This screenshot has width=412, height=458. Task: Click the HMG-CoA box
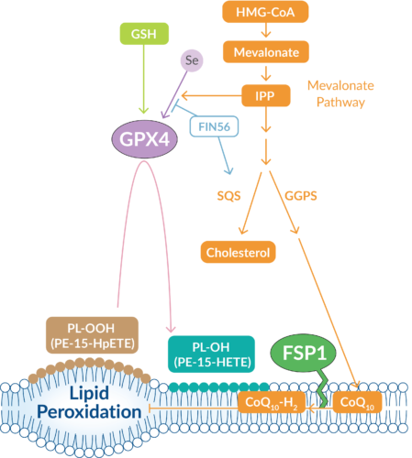[264, 13]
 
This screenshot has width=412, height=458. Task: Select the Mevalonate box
[264, 53]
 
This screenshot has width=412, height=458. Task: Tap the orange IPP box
[264, 93]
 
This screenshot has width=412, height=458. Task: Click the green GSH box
[141, 33]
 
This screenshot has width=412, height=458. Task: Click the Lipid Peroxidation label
[84, 403]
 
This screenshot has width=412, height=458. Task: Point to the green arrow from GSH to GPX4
[141, 82]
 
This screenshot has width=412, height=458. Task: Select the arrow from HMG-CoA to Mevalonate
[264, 33]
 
